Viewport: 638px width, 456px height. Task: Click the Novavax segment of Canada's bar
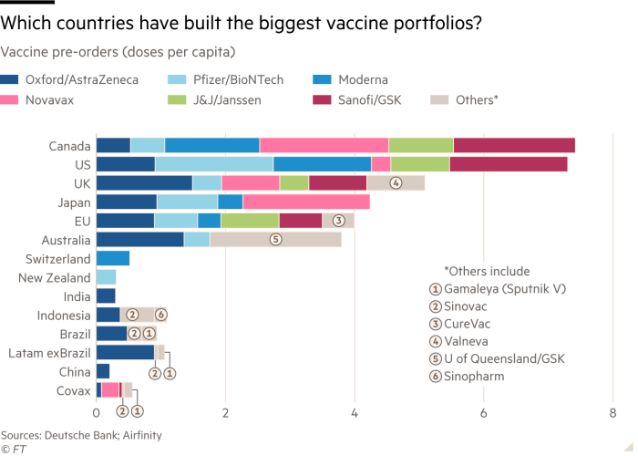click(324, 145)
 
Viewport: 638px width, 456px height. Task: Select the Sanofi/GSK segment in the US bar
click(509, 163)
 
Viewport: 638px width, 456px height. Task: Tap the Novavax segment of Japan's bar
click(306, 202)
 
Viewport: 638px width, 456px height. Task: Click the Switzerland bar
click(113, 258)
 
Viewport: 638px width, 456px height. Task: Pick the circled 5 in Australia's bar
click(274, 239)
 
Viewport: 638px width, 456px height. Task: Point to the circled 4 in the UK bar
click(396, 182)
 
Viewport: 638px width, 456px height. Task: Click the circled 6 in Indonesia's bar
click(160, 315)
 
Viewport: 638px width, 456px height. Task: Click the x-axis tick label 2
click(225, 412)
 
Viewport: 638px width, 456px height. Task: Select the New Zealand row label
click(55, 277)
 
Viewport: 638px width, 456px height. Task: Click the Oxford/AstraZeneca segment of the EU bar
click(125, 220)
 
